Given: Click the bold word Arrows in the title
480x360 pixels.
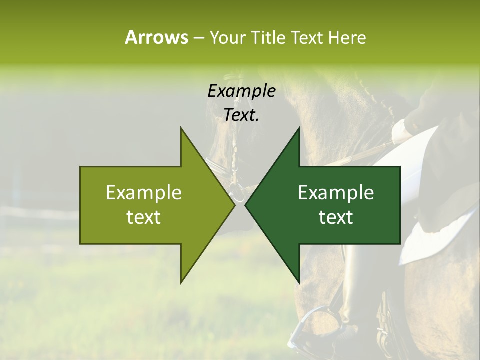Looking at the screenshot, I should (x=156, y=37).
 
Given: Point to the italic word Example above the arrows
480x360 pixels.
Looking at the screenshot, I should (x=241, y=91).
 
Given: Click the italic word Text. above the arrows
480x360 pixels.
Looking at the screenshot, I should (x=241, y=115).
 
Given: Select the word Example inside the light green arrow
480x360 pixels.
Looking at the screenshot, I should (x=144, y=193).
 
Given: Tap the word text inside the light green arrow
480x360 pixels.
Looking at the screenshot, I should (x=144, y=217).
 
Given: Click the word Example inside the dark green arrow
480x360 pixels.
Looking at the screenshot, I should (x=336, y=193).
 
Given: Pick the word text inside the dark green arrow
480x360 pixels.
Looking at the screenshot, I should (x=336, y=217).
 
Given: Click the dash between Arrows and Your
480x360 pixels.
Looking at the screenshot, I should (x=198, y=38).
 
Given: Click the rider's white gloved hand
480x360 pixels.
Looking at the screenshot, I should (x=401, y=131).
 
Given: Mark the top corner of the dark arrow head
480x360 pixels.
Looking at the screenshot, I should (x=299, y=128).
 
